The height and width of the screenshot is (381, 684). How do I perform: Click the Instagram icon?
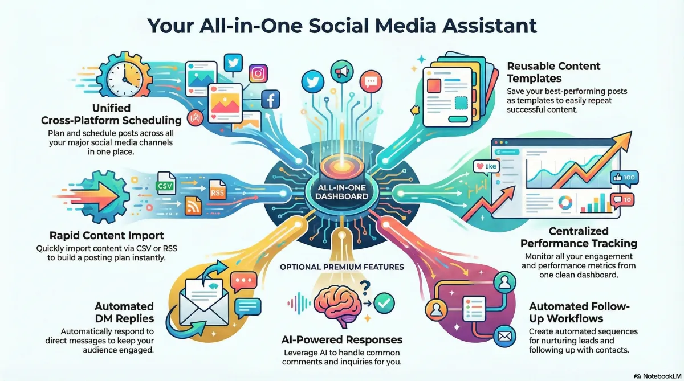(x=258, y=73)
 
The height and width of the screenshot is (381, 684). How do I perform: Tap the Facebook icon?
(x=271, y=100)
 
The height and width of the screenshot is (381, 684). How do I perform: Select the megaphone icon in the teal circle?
(x=342, y=72)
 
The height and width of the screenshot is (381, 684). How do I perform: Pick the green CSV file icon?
(x=165, y=183)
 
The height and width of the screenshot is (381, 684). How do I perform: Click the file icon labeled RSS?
(x=217, y=190)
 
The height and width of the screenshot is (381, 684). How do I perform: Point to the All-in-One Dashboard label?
(x=341, y=192)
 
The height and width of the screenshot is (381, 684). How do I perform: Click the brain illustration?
(x=337, y=306)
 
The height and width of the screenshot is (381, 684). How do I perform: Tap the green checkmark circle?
(x=384, y=303)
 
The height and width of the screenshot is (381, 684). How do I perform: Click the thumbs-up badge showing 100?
(x=624, y=178)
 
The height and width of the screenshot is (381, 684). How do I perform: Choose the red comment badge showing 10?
(x=622, y=200)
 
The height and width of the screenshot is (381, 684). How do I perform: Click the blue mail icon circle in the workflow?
(x=504, y=337)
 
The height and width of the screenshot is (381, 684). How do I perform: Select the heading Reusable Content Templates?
(x=553, y=72)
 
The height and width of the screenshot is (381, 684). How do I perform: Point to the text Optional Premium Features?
(x=342, y=267)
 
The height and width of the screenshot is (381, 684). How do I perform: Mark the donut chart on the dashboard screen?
(x=565, y=203)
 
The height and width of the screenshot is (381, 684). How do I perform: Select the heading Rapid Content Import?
(x=107, y=236)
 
